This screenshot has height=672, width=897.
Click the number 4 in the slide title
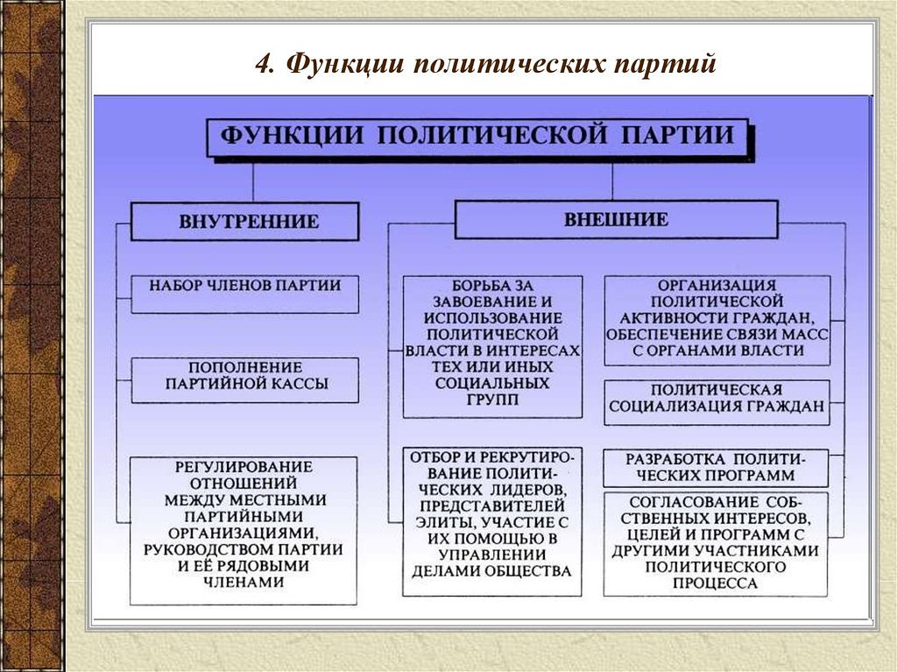click(262, 65)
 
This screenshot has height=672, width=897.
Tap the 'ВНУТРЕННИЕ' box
click(245, 221)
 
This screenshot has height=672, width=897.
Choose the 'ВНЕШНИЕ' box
click(616, 219)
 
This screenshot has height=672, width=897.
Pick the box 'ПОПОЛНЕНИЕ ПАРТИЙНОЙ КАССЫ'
click(245, 379)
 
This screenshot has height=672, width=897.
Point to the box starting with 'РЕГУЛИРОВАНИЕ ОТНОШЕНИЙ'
click(244, 530)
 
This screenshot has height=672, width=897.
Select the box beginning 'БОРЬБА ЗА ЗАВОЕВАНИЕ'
click(491, 346)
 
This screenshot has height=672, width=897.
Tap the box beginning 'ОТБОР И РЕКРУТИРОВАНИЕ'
click(491, 521)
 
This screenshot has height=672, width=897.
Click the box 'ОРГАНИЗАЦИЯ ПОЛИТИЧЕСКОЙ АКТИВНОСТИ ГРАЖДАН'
click(717, 320)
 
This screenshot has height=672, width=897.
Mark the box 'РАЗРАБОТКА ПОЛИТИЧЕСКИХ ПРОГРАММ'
click(717, 468)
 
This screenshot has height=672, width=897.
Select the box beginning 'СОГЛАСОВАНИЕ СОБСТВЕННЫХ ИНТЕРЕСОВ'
click(717, 544)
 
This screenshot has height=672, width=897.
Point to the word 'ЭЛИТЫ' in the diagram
click(441, 522)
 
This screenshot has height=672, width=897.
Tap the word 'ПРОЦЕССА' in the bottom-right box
click(717, 583)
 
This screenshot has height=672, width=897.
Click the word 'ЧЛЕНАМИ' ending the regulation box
click(244, 582)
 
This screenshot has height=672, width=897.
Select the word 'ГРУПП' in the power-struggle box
click(491, 400)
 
